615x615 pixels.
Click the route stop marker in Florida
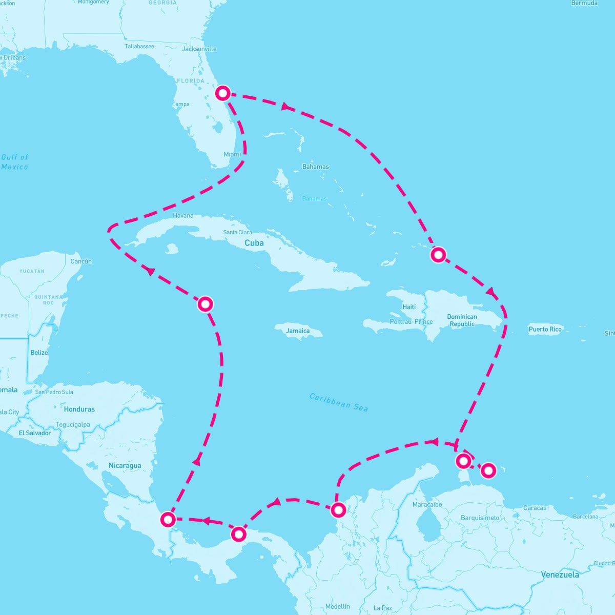pos(223,93)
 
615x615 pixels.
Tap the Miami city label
pos(232,154)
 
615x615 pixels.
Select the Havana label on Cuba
pos(183,216)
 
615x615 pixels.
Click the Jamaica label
pos(298,331)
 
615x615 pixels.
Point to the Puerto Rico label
pos(545,329)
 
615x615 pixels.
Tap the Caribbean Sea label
pos(339,402)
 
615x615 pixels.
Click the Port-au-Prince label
pos(411,322)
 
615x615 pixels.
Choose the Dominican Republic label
pos(462,320)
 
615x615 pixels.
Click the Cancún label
pos(81,261)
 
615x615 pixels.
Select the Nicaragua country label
pos(125,466)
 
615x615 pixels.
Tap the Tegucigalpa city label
pos(73,424)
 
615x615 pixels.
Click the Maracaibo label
pos(427,505)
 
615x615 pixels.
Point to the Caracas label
pos(535,508)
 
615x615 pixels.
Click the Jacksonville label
pos(199,49)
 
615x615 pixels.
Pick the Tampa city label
pos(181,104)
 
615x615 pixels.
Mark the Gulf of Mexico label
pos(15,162)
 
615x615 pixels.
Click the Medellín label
pos(337,607)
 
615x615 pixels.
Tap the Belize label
pos(39,353)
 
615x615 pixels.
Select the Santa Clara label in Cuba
pos(237,232)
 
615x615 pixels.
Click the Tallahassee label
pos(139,47)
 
